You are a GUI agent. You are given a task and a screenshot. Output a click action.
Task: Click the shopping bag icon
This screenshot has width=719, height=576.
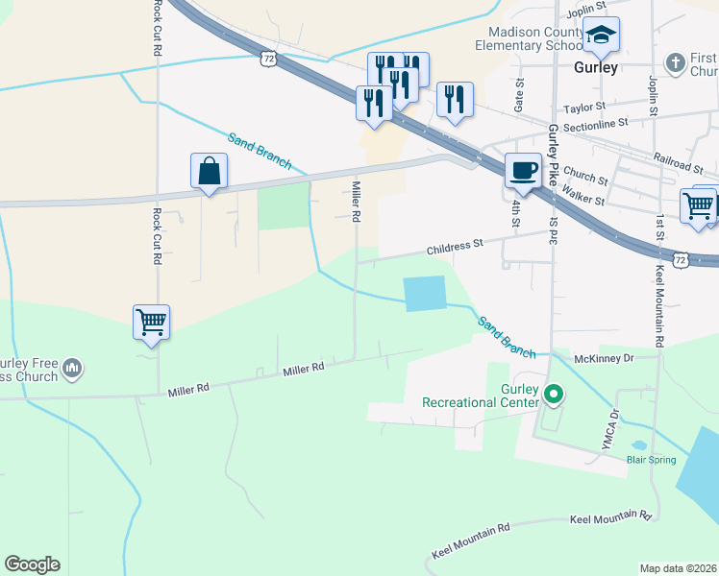pyautogui.click(x=209, y=173)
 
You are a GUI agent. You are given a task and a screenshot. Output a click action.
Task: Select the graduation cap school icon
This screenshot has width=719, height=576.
pyautogui.click(x=601, y=36)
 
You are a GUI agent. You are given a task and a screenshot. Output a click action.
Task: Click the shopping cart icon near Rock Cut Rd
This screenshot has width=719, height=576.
pyautogui.click(x=152, y=323)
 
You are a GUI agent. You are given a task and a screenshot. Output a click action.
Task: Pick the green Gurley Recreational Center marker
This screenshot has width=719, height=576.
pyautogui.click(x=553, y=394)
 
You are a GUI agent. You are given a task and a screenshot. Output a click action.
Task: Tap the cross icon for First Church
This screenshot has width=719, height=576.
pyautogui.click(x=676, y=62)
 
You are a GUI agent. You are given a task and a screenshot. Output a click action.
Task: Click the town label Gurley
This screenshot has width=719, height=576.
pyautogui.click(x=595, y=68)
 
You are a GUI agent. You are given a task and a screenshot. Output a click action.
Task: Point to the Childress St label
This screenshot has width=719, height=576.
pyautogui.click(x=455, y=246)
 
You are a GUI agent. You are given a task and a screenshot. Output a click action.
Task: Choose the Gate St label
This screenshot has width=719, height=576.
pyautogui.click(x=519, y=94)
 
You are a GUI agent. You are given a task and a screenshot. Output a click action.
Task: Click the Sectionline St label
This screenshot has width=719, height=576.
pyautogui.click(x=595, y=123)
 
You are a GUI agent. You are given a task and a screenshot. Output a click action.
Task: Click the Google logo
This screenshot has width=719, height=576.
pyautogui.click(x=32, y=564)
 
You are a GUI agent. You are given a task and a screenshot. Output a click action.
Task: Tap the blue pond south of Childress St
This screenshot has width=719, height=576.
pyautogui.click(x=426, y=294)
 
